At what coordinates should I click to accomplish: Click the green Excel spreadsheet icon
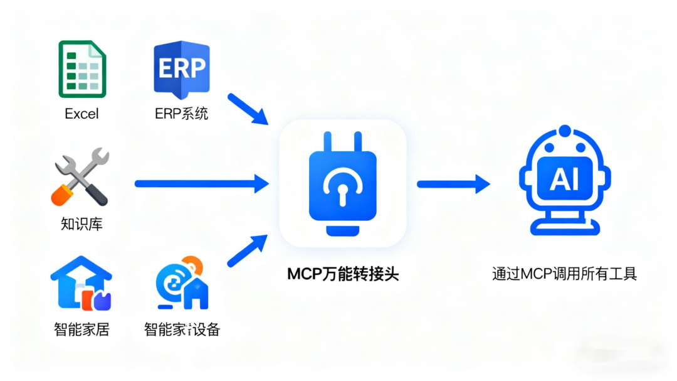click(x=82, y=69)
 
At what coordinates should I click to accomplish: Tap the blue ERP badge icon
click(x=181, y=70)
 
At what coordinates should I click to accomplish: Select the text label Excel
click(x=82, y=114)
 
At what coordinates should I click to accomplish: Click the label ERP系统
click(x=181, y=114)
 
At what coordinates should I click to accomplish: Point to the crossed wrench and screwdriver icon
click(x=81, y=177)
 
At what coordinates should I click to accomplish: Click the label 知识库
click(x=81, y=224)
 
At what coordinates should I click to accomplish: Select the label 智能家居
click(x=81, y=329)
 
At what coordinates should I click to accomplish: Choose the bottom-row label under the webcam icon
click(x=182, y=329)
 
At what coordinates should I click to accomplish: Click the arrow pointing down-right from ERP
click(x=247, y=108)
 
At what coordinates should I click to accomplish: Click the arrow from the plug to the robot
click(x=453, y=184)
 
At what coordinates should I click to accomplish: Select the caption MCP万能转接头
click(x=342, y=274)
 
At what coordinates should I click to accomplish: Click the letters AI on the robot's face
click(x=564, y=180)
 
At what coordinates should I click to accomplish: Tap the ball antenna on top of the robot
click(x=565, y=131)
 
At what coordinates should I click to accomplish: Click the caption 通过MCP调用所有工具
click(x=564, y=274)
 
